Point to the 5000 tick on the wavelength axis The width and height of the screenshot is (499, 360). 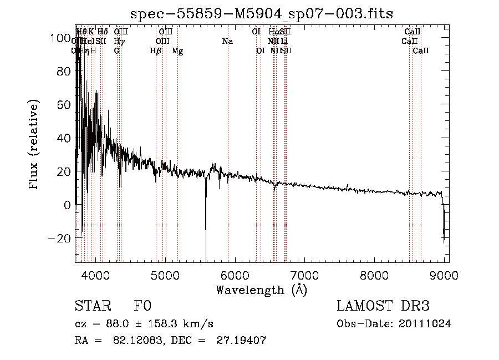tap(165, 274)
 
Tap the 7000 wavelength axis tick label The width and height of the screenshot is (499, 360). tap(304, 274)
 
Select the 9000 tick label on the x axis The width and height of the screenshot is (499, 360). tap(444, 274)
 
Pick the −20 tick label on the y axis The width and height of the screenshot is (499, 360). tap(58, 238)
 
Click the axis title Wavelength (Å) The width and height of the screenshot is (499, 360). tap(261, 289)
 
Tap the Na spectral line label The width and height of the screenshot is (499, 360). tap(227, 42)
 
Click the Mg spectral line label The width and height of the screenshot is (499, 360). tap(177, 51)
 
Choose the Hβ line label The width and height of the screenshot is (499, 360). tap(156, 51)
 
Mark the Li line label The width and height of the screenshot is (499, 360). tap(284, 42)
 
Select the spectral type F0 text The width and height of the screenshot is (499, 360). tap(142, 307)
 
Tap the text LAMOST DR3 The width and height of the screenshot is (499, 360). tap(383, 306)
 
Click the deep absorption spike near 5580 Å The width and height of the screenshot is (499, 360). tap(206, 233)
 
